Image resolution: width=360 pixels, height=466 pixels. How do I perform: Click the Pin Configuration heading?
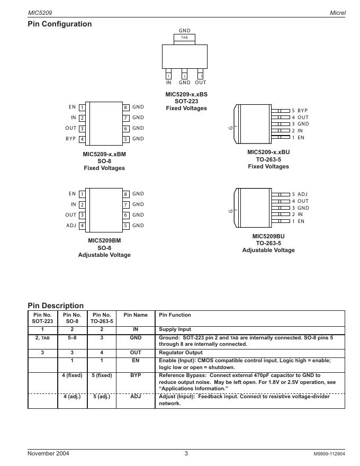click(59, 24)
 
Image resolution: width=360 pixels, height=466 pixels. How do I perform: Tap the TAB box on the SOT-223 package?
click(184, 38)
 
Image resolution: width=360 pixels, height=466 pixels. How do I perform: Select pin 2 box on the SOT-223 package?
click(184, 76)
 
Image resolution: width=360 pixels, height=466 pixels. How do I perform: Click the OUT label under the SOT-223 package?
click(200, 83)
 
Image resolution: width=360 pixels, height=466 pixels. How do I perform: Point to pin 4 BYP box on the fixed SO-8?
click(82, 139)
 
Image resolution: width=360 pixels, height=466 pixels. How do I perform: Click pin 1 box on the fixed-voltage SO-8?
click(82, 107)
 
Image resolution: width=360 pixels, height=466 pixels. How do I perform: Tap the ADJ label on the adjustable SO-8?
click(71, 226)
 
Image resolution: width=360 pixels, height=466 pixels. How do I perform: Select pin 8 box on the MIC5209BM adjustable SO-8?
click(126, 194)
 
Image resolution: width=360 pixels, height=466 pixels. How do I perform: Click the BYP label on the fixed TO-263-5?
click(302, 111)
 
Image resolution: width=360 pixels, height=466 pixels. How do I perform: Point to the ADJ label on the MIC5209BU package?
click(302, 194)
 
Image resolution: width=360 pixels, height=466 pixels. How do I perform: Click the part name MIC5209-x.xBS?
click(186, 94)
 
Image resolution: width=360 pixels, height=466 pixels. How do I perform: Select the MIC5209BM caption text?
click(104, 240)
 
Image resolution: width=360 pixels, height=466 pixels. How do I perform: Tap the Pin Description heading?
click(56, 306)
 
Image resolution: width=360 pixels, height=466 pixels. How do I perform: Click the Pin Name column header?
click(136, 315)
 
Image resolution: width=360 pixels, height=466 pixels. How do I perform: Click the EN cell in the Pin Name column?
click(136, 361)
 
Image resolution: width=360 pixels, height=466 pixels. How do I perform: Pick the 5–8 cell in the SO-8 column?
click(72, 337)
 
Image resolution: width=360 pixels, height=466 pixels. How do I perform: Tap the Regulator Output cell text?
click(181, 352)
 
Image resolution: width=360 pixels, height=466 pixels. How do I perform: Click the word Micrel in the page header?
click(337, 12)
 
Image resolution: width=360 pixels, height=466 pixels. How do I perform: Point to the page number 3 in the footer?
click(186, 453)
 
